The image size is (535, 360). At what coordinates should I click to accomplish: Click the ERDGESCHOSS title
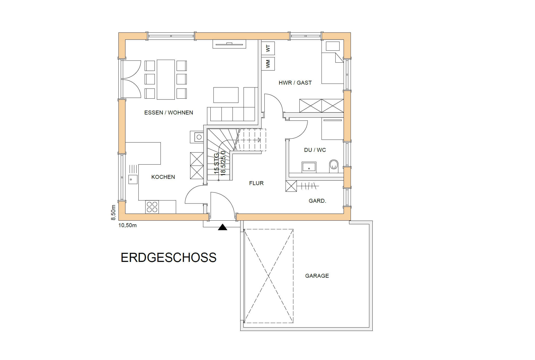[x=169, y=257]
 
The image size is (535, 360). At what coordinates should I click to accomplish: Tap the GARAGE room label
[x=317, y=276]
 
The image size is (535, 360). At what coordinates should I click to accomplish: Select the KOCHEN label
[x=163, y=177]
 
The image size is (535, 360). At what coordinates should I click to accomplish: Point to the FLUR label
[x=256, y=183]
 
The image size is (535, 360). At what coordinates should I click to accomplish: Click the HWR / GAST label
[x=295, y=83]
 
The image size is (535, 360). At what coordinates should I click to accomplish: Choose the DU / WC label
[x=315, y=150]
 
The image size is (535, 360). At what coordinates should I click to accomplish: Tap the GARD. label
[x=317, y=201]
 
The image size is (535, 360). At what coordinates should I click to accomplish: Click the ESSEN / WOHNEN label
[x=169, y=113]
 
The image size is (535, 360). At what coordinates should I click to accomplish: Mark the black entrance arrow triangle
[x=223, y=227]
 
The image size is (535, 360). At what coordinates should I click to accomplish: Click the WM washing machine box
[x=268, y=64]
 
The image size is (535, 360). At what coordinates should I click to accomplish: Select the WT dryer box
[x=268, y=48]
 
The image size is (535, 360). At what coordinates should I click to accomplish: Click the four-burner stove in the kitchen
[x=152, y=207]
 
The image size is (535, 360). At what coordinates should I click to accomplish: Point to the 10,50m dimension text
[x=128, y=225]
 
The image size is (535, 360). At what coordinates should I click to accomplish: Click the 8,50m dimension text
[x=113, y=213]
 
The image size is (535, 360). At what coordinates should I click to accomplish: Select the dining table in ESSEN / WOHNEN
[x=166, y=79]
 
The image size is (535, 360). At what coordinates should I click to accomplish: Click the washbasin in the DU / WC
[x=309, y=167]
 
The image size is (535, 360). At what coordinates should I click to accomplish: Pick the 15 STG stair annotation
[x=216, y=164]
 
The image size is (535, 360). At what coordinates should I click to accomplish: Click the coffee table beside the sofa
[x=226, y=95]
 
